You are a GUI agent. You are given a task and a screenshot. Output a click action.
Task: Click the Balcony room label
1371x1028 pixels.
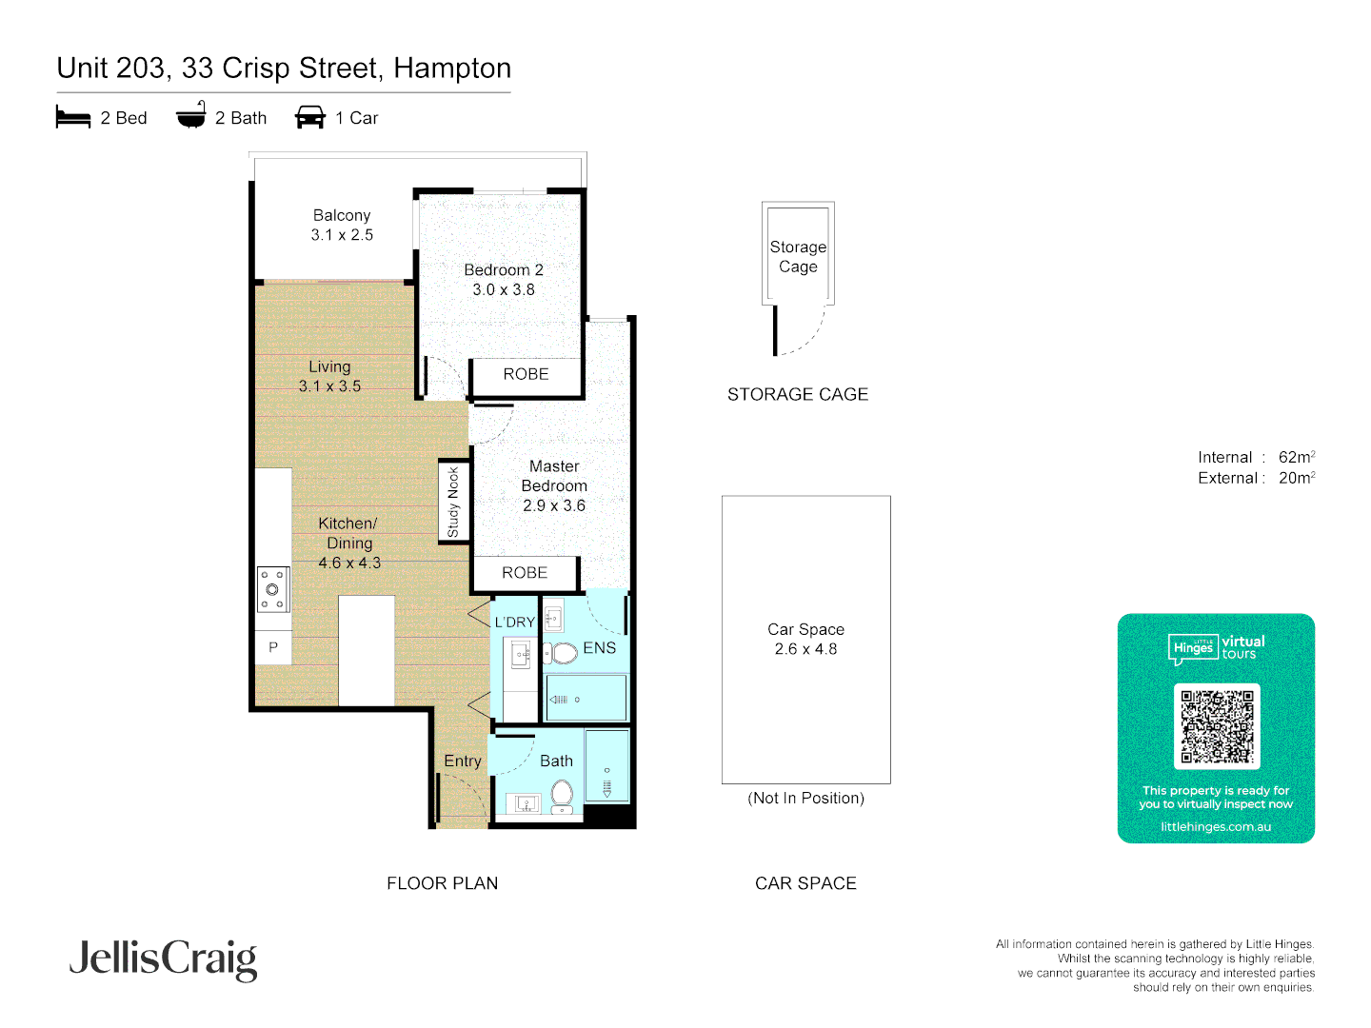(x=341, y=216)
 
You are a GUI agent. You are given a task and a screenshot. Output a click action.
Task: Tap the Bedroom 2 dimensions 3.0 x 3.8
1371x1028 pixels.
(x=504, y=290)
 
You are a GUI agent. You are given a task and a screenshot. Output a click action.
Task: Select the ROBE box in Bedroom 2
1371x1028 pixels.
(x=526, y=375)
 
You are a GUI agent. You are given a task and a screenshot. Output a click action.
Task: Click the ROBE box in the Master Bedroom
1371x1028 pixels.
(x=525, y=573)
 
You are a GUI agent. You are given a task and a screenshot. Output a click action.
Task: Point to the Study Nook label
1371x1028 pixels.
(x=453, y=502)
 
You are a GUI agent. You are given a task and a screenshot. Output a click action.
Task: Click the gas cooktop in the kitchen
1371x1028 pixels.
(x=272, y=589)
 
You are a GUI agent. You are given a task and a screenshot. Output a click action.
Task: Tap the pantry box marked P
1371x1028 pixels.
(x=273, y=647)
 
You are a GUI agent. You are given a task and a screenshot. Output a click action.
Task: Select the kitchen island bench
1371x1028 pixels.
(x=367, y=650)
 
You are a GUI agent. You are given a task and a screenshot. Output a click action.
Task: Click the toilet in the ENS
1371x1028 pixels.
(x=564, y=653)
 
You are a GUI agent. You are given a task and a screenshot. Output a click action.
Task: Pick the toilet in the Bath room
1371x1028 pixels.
(x=562, y=794)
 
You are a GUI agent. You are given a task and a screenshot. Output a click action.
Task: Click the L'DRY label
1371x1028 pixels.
(x=514, y=623)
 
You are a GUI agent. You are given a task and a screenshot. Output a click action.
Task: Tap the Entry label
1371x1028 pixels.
(x=463, y=761)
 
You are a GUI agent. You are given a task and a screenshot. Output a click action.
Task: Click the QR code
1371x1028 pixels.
(x=1217, y=726)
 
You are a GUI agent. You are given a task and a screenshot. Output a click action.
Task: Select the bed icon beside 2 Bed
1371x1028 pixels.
(x=73, y=118)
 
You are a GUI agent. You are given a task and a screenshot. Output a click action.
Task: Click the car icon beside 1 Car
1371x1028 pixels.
(x=310, y=118)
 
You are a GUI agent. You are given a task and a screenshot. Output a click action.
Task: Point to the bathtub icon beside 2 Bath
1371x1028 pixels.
(x=191, y=116)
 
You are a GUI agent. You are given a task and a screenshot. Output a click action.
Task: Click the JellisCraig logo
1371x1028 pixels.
(x=163, y=959)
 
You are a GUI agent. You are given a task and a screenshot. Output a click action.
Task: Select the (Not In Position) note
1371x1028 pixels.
(x=805, y=799)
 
